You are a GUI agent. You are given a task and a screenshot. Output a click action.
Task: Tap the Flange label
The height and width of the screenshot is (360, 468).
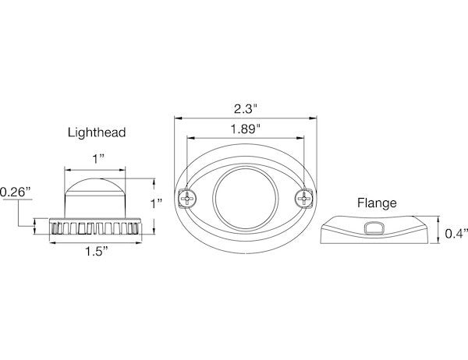click(x=378, y=203)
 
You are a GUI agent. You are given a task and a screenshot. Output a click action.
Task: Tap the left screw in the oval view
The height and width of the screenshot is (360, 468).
click(x=187, y=200)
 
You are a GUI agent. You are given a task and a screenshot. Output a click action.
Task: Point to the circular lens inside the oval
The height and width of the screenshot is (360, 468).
click(x=244, y=200)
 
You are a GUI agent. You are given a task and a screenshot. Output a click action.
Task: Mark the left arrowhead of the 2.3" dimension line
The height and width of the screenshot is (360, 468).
click(x=175, y=118)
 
